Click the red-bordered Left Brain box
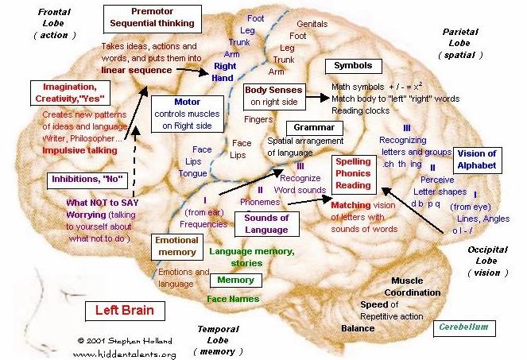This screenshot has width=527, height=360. click(x=126, y=309)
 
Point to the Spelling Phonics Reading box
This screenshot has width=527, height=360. click(x=354, y=173)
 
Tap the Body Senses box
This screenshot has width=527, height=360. click(x=273, y=96)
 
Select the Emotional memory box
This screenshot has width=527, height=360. click(x=176, y=246)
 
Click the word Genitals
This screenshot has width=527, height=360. click(x=311, y=24)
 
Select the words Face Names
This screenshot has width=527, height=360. click(x=233, y=298)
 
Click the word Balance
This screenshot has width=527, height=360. click(x=358, y=327)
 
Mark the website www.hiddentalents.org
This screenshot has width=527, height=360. click(x=124, y=354)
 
